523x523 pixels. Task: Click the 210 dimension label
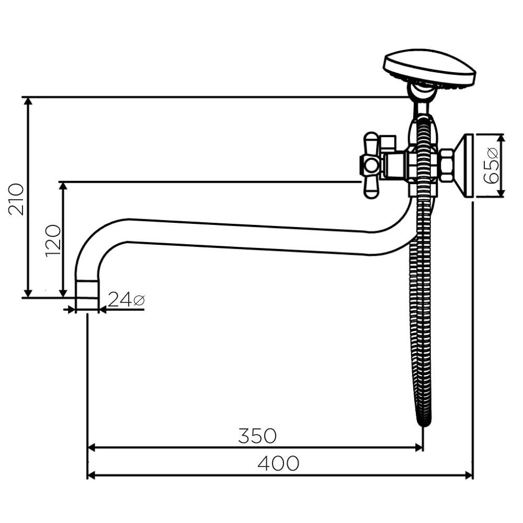pyautogui.click(x=16, y=199)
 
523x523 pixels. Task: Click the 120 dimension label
pyautogui.click(x=53, y=241)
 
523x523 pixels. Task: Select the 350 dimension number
pyautogui.click(x=257, y=436)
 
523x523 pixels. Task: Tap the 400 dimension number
pyautogui.click(x=278, y=463)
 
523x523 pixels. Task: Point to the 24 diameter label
pyautogui.click(x=126, y=299)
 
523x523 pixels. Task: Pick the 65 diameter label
pyautogui.click(x=491, y=166)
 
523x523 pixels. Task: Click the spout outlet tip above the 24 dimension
pyautogui.click(x=87, y=293)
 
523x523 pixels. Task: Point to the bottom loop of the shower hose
pyautogui.click(x=424, y=421)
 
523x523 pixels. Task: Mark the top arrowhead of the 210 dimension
pyautogui.click(x=29, y=101)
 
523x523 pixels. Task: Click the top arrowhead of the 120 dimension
pyautogui.click(x=63, y=186)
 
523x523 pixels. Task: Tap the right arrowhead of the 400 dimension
pyautogui.click(x=469, y=475)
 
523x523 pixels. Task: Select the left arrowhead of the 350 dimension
pyautogui.click(x=92, y=448)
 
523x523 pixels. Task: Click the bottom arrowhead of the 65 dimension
pyautogui.click(x=501, y=193)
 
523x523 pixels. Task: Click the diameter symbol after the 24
pyautogui.click(x=139, y=300)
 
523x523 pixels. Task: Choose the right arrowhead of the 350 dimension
pyautogui.click(x=418, y=448)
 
